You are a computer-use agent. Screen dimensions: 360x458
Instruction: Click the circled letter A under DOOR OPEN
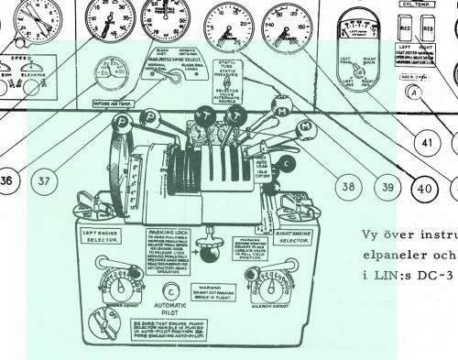point(415,92)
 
